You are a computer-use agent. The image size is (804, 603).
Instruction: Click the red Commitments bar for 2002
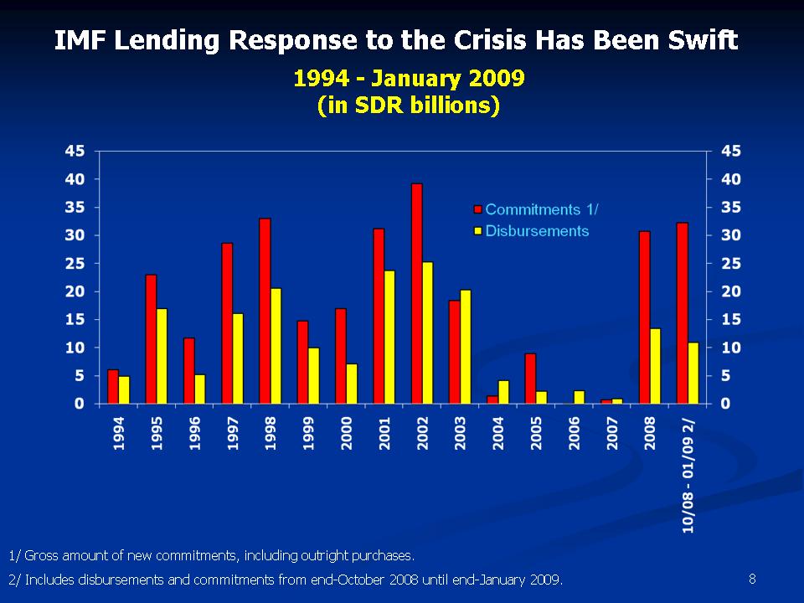pyautogui.click(x=417, y=293)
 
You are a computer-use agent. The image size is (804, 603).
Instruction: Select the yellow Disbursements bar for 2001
pyautogui.click(x=389, y=337)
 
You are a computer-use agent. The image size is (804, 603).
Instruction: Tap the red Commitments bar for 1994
pyautogui.click(x=113, y=386)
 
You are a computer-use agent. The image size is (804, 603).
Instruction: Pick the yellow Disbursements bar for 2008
pyautogui.click(x=655, y=366)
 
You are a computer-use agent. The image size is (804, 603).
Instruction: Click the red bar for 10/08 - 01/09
pyautogui.click(x=683, y=313)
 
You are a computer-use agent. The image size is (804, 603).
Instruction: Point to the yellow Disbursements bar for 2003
pyautogui.click(x=466, y=347)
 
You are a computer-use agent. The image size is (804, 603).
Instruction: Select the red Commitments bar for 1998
pyautogui.click(x=265, y=311)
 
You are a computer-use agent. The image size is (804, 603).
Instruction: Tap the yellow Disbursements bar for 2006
pyautogui.click(x=580, y=397)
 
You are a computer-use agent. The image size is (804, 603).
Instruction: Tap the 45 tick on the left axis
pyautogui.click(x=75, y=151)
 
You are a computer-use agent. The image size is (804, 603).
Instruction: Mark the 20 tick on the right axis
pyautogui.click(x=730, y=291)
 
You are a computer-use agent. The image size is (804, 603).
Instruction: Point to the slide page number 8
pyautogui.click(x=752, y=578)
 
